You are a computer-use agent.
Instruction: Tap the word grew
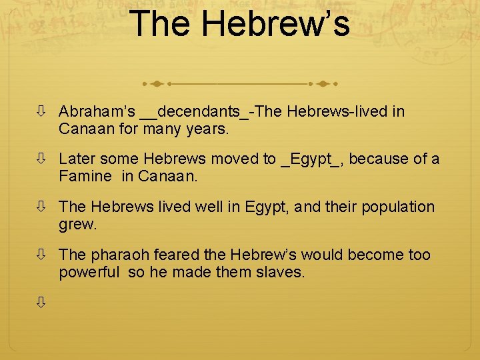pyautogui.click(x=77, y=224)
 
